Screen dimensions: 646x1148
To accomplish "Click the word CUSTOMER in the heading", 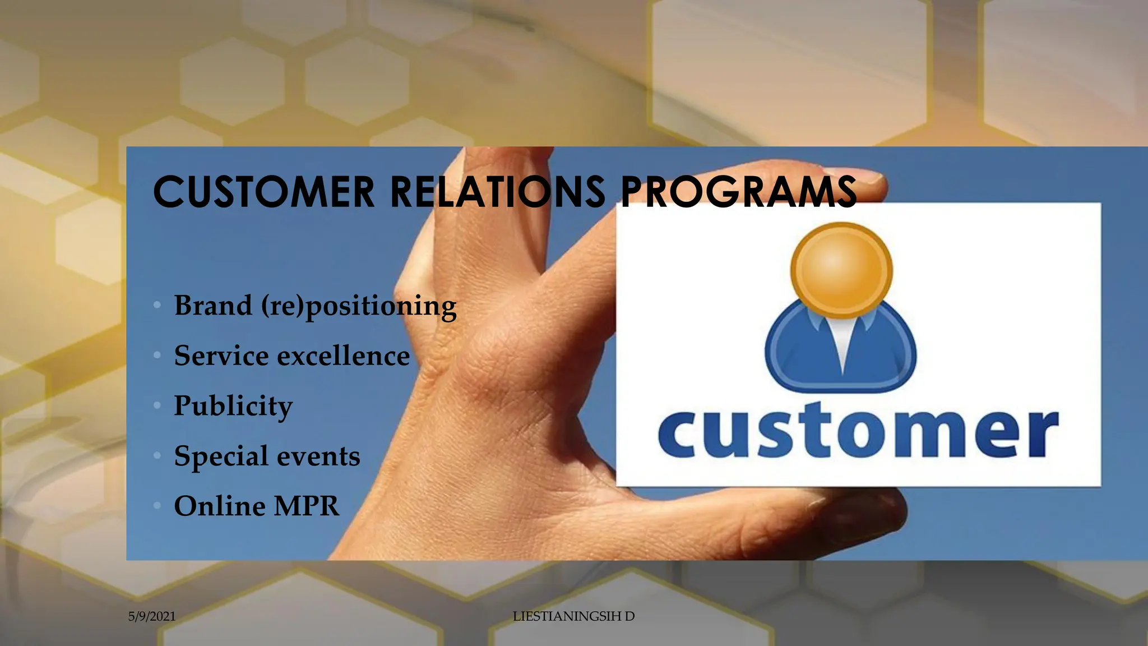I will click(x=263, y=192).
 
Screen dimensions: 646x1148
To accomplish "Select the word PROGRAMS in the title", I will click(x=739, y=192).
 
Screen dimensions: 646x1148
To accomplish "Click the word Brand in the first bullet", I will click(x=213, y=306).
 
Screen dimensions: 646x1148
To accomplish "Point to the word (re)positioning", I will click(x=359, y=307).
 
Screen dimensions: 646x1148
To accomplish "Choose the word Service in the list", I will click(x=221, y=356).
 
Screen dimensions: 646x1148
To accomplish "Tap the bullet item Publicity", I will click(x=233, y=406).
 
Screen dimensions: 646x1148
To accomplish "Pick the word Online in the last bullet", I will click(x=220, y=506).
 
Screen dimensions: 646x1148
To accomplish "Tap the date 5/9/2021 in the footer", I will click(x=152, y=616).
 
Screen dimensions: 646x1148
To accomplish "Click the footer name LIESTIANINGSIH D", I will click(x=573, y=616).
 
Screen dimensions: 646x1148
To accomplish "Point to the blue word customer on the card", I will click(x=858, y=434).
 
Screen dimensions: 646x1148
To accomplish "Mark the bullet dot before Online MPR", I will click(x=158, y=506).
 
